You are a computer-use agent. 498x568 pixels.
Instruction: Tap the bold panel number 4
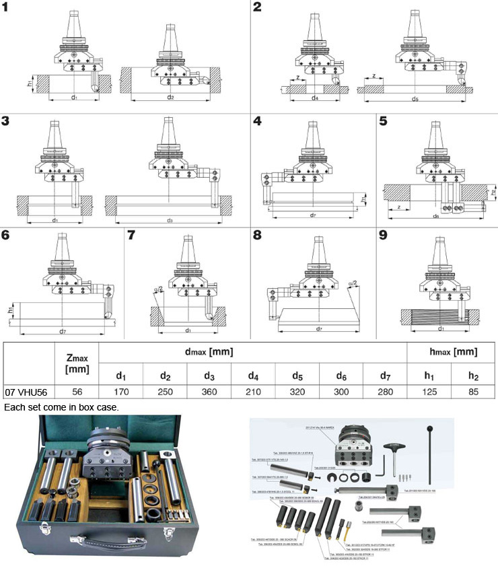coord(257,122)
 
